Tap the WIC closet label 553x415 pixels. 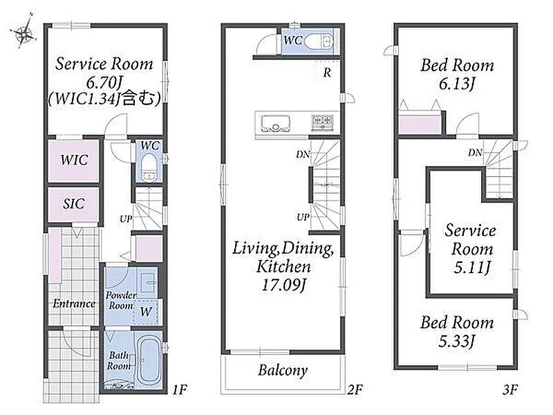click(x=74, y=160)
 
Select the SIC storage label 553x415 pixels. click(x=74, y=203)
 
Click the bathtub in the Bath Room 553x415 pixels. click(x=149, y=360)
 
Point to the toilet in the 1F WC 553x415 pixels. click(x=149, y=168)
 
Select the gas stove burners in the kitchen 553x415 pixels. click(x=322, y=122)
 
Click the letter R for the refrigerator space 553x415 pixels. click(x=327, y=73)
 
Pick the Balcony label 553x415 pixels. click(x=283, y=370)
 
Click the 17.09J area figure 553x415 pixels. click(x=283, y=284)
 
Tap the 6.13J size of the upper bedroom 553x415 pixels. click(x=457, y=84)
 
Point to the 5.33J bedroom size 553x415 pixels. click(x=457, y=341)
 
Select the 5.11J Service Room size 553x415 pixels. click(x=471, y=268)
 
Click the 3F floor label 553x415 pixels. click(x=510, y=389)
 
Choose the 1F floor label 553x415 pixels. click(x=180, y=389)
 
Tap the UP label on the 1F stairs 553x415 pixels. click(x=126, y=219)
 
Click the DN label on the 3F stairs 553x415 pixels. click(x=475, y=152)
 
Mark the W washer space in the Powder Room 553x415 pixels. click(x=146, y=311)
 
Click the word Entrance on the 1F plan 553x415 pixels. click(x=74, y=304)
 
